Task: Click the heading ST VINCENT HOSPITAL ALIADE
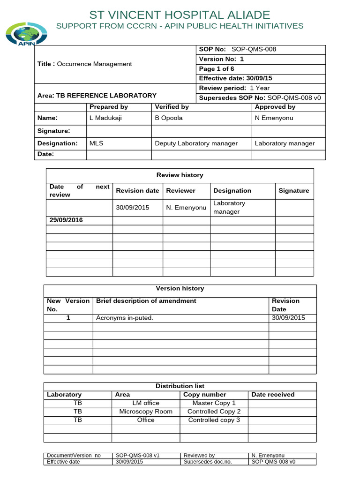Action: click(x=180, y=15)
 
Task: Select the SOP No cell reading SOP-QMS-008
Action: click(x=241, y=50)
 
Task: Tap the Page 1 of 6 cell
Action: click(x=217, y=68)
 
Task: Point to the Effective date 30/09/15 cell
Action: click(x=236, y=78)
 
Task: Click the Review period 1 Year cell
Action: click(x=234, y=88)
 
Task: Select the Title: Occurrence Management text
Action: click(x=85, y=64)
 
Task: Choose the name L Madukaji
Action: click(x=105, y=118)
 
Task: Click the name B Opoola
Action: click(x=169, y=118)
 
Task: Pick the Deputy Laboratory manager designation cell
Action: click(x=196, y=143)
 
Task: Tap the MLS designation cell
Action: click(x=96, y=143)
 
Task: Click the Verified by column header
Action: click(x=172, y=107)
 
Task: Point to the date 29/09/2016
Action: click(x=66, y=220)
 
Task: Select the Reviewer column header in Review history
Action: click(x=180, y=191)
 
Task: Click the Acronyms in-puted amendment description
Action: click(x=125, y=318)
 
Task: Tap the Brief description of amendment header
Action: click(x=146, y=301)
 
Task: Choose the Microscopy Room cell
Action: click(x=146, y=412)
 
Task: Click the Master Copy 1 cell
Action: click(x=214, y=403)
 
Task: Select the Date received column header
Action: click(x=273, y=395)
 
